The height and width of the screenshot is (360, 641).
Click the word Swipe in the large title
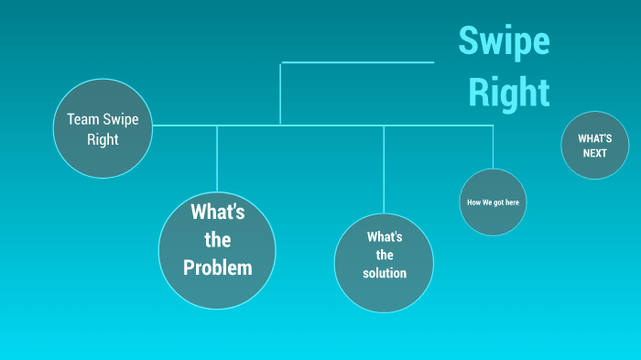pos(504,42)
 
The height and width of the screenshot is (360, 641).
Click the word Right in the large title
pos(509,92)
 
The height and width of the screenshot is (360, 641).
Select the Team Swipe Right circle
pos(103,128)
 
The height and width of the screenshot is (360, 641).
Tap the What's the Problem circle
pos(217,250)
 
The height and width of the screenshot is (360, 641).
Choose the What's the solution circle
pos(384,263)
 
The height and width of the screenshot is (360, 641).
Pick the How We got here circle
pos(493,202)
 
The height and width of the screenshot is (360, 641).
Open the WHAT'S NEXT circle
pos(594,146)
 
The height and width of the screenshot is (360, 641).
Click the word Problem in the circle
pos(217,268)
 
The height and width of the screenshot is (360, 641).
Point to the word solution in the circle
pos(385,273)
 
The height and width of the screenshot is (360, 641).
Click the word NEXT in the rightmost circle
pos(594,153)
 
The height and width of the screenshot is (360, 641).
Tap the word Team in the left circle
pos(82,119)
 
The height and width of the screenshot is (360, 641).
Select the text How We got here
pos(493,202)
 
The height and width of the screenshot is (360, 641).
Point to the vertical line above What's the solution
pos(384,169)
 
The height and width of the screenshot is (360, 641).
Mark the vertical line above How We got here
pos(494,147)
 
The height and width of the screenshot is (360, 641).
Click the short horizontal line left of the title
pos(357,62)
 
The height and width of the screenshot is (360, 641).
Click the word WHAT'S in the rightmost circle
pos(594,138)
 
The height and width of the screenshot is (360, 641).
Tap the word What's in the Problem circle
pos(217,213)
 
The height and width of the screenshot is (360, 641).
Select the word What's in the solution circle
pos(385,236)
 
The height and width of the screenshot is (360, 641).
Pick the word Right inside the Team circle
pos(103,139)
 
